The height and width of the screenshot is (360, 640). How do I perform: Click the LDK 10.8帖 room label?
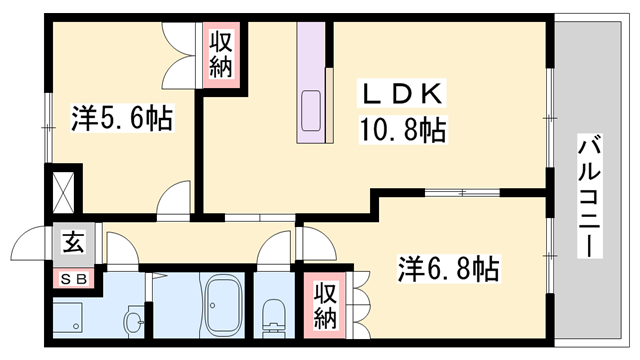pos(402,112)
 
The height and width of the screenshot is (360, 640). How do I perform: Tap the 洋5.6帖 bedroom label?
pos(121,119)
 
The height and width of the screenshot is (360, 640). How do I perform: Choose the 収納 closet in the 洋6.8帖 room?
pos(325,305)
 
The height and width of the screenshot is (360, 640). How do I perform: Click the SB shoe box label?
pos(73,279)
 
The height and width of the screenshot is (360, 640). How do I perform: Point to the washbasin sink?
pos(134,321)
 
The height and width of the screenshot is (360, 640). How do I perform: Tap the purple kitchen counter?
pos(311,80)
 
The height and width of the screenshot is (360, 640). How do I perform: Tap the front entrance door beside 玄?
pos(31,246)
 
